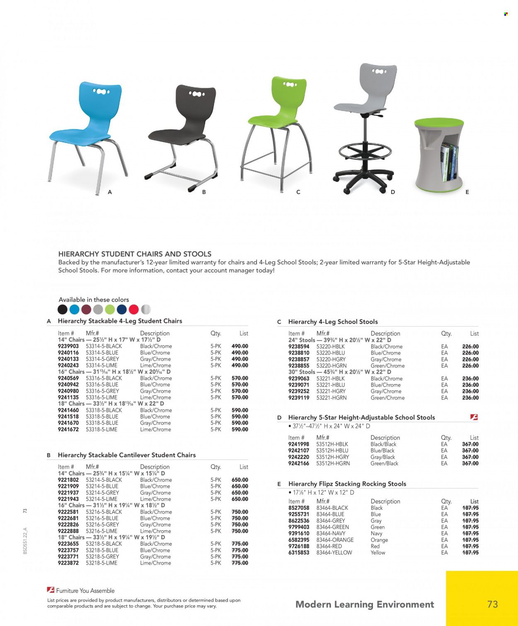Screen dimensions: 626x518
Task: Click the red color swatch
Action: coord(133,309)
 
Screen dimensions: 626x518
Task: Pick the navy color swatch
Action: coord(122,309)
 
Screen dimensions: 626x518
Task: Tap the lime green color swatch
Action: coord(110,309)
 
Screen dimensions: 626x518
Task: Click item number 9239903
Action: coord(68,346)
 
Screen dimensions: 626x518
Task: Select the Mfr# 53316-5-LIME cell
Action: coord(102,397)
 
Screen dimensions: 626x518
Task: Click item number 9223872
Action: coord(68,563)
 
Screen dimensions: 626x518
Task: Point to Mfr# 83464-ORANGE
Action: coord(335,540)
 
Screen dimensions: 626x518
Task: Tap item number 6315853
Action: coord(299,553)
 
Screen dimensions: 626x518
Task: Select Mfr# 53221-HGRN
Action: coord(331,398)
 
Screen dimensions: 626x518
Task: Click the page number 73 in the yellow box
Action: coord(492,604)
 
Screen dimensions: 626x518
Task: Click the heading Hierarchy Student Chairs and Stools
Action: coord(135,254)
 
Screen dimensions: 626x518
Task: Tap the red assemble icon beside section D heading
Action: coord(474,417)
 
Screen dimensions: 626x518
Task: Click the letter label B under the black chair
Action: coord(204,192)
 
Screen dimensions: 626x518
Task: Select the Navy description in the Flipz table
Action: coord(376,534)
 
